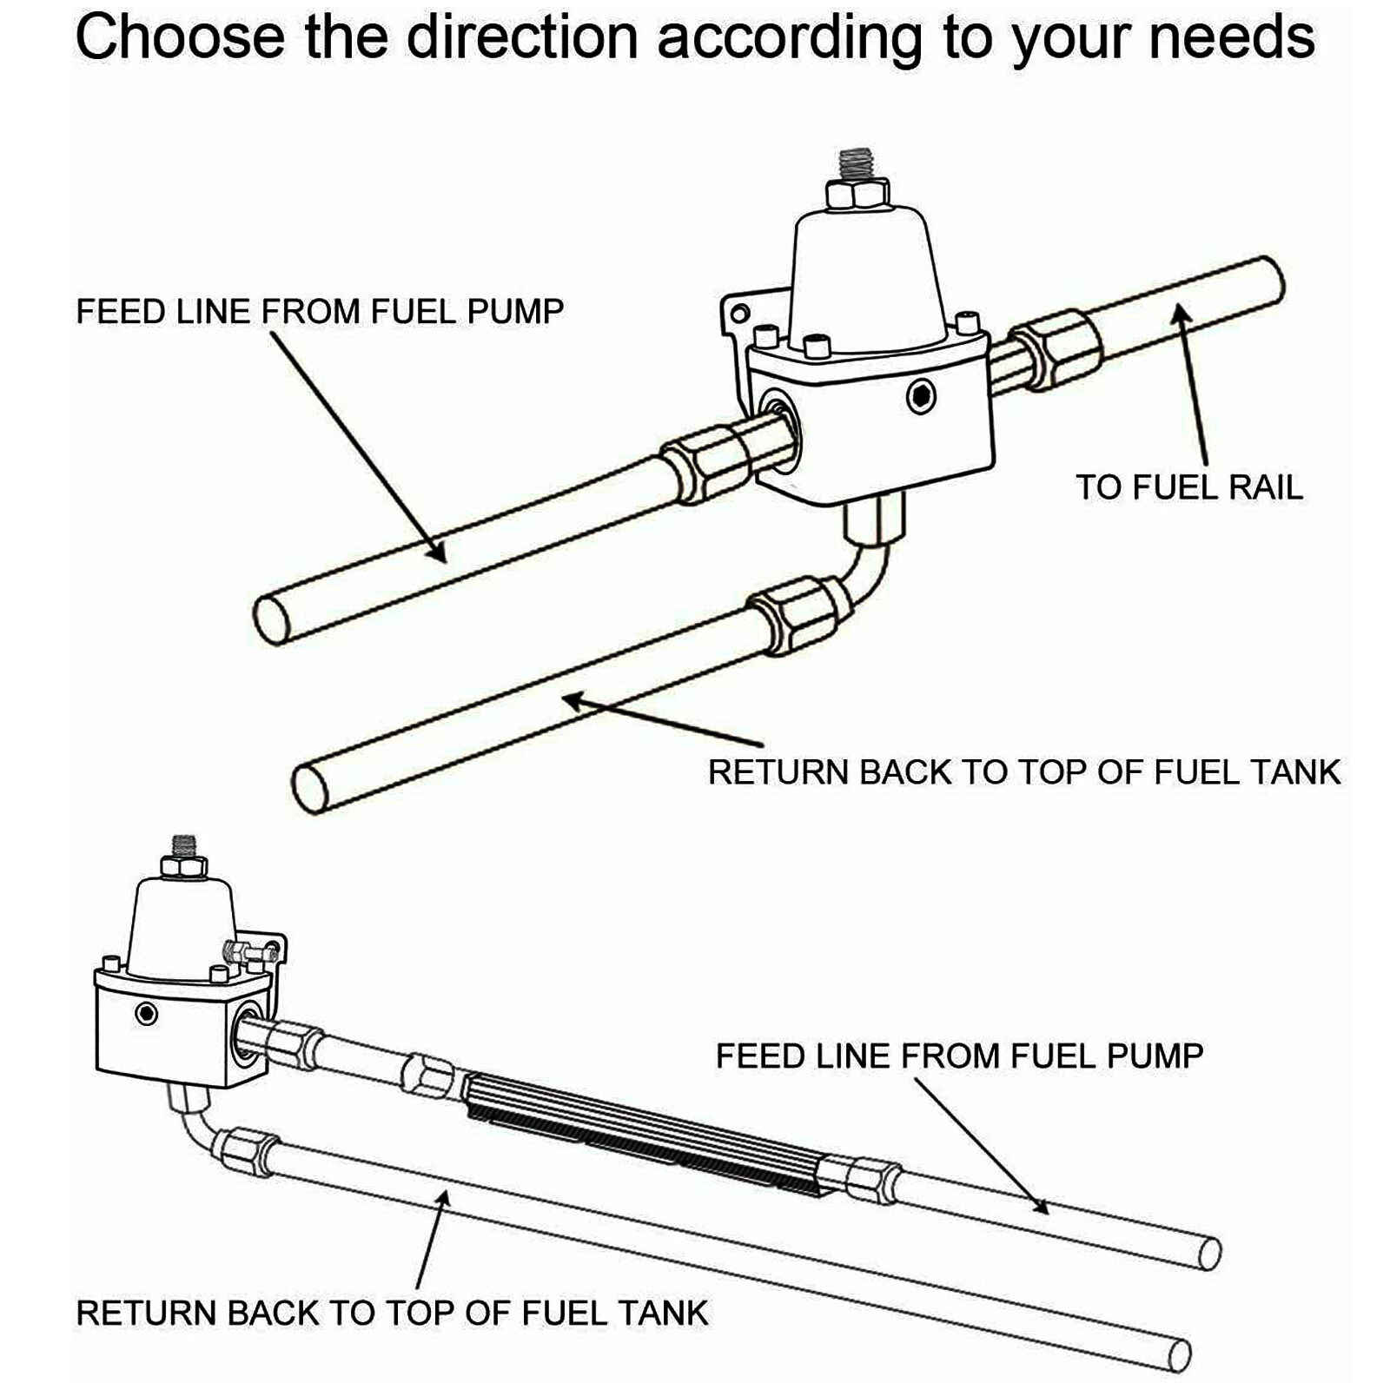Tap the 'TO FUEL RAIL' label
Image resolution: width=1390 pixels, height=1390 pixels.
pos(1189,487)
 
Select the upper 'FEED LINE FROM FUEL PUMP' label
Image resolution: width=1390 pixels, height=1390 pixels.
pos(320,311)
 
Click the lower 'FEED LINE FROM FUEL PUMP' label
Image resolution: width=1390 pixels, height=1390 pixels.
pos(959,1056)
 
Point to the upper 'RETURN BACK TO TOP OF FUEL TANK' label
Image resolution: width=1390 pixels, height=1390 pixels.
pos(1024,772)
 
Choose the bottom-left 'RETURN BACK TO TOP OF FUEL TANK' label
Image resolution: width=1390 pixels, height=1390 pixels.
pos(392,1313)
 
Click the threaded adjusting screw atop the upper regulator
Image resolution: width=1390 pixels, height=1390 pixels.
pos(857,162)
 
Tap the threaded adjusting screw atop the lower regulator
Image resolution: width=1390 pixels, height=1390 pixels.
pos(184,844)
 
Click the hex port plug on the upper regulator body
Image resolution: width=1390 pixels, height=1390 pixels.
pos(921,397)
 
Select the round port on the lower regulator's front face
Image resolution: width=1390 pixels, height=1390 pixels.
pos(146,1013)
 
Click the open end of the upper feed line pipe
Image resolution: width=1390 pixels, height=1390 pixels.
pos(272,619)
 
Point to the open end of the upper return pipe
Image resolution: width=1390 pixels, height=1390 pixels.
pos(310,788)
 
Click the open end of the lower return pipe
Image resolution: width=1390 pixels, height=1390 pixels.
pos(1178,1356)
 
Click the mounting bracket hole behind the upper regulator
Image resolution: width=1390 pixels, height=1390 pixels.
pos(740,313)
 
